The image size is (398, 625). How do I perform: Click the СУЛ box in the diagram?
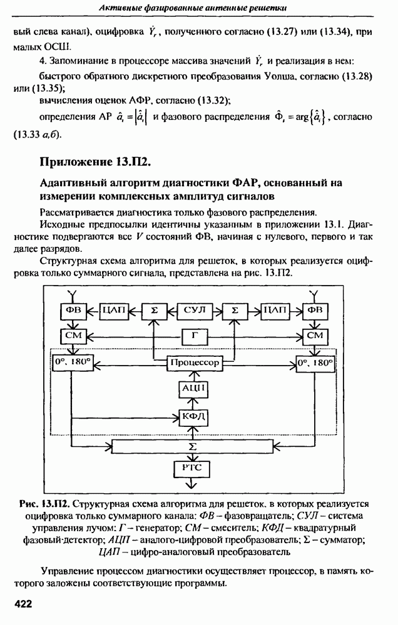(194, 311)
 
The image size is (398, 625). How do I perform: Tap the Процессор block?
(195, 362)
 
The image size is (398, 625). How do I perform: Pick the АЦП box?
(193, 389)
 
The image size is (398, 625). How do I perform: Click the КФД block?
(193, 417)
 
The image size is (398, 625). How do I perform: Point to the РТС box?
(192, 468)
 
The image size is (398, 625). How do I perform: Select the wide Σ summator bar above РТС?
(193, 446)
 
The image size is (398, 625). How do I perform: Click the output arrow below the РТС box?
(192, 482)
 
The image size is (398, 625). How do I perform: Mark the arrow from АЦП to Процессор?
(194, 376)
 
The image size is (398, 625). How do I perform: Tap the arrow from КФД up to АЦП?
(194, 403)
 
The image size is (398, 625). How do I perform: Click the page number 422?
(23, 604)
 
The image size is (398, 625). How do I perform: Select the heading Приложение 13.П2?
(95, 162)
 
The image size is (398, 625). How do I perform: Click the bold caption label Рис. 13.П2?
(45, 504)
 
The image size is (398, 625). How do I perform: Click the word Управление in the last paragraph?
(68, 572)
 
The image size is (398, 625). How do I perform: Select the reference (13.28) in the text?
(357, 76)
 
